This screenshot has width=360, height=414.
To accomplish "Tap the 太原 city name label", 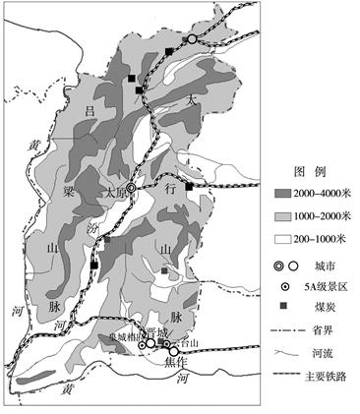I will coord(114,194).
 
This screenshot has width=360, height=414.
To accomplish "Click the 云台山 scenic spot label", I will coord(187,343).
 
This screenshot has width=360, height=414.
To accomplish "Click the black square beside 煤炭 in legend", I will coord(284,308).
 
